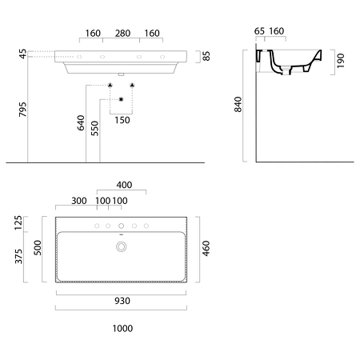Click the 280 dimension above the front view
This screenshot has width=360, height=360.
[122, 34]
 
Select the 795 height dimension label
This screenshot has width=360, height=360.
[23, 110]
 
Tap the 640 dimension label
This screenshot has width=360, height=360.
[81, 123]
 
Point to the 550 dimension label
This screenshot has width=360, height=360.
[94, 128]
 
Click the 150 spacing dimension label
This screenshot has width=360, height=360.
[122, 120]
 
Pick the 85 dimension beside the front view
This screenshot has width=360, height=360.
[206, 56]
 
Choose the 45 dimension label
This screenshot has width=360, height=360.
[23, 54]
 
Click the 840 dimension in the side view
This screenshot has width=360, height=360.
[238, 104]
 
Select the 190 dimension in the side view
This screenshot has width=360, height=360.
[341, 61]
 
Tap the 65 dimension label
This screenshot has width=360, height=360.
[259, 31]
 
